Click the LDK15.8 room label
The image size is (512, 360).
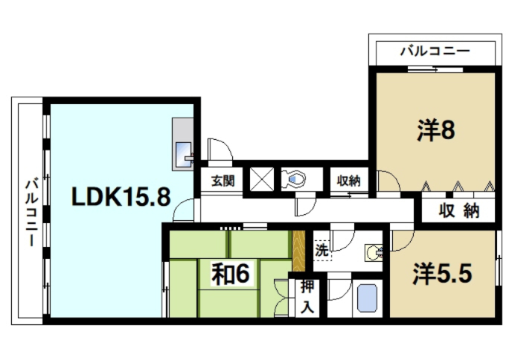tap(121, 196)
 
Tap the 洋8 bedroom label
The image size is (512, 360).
tap(435, 131)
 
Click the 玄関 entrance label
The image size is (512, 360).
tap(221, 180)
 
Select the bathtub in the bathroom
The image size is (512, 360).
tap(368, 298)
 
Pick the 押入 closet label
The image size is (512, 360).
tap(306, 296)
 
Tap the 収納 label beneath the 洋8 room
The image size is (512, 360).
tap(458, 211)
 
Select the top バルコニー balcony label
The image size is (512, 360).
tap(435, 51)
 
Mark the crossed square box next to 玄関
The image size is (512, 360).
tap(260, 179)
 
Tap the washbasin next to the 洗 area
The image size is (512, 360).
tap(373, 253)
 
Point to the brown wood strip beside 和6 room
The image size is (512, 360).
tap(299, 251)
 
